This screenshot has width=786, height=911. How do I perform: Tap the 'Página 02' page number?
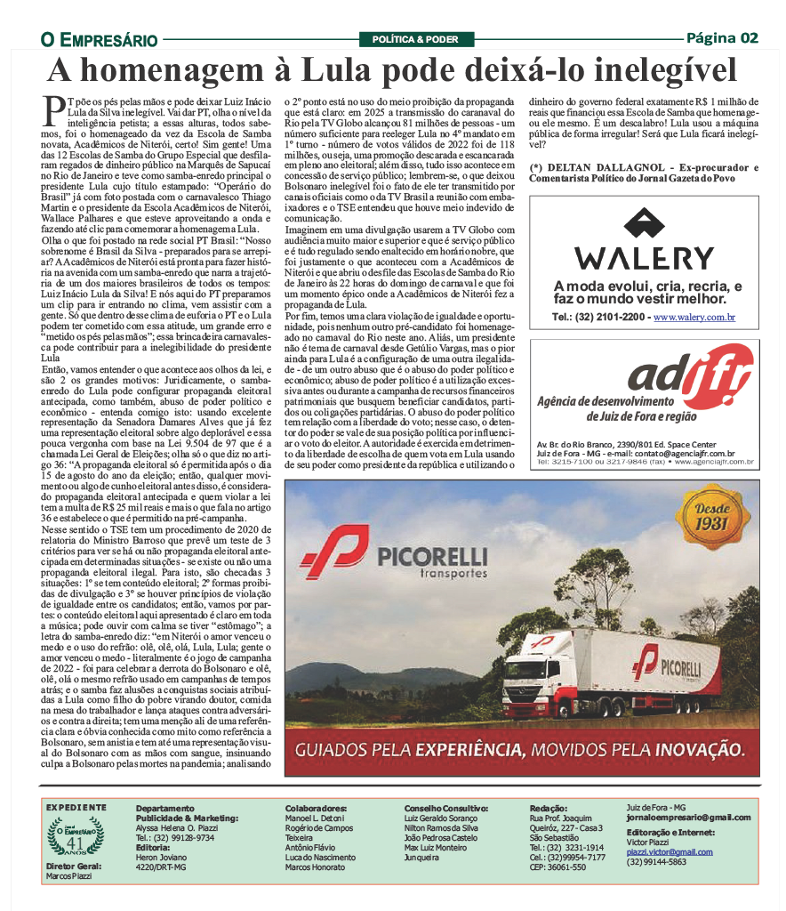pyautogui.click(x=722, y=37)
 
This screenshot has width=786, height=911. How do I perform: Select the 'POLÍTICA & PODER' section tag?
pyautogui.click(x=415, y=39)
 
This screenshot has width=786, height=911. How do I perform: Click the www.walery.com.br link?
pyautogui.click(x=694, y=317)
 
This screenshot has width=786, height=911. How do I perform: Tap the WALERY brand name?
pyautogui.click(x=645, y=258)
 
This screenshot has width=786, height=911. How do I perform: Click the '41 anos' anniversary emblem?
pyautogui.click(x=75, y=839)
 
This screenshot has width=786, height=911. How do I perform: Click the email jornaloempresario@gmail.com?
pyautogui.click(x=688, y=818)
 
